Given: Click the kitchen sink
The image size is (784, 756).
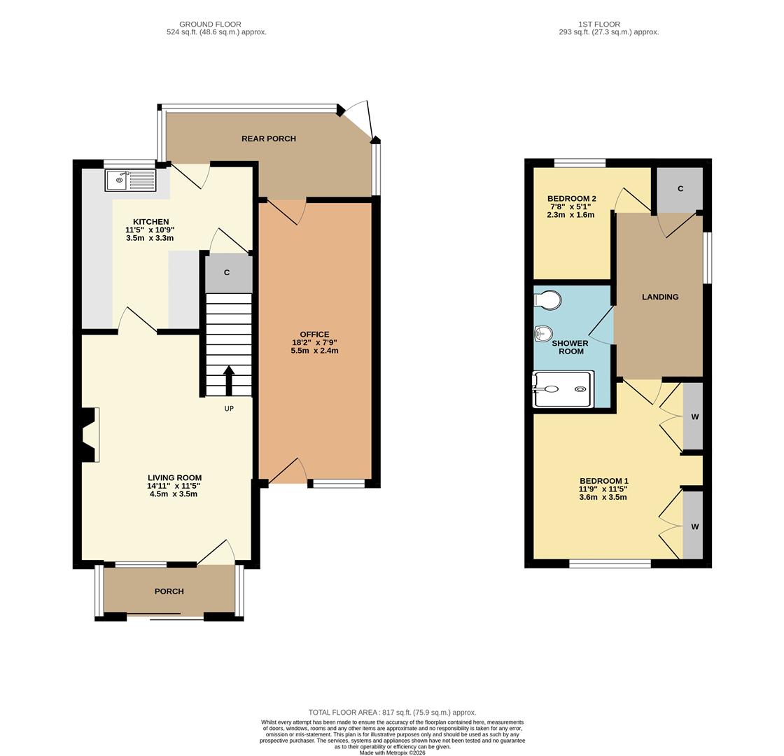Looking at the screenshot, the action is click(x=130, y=180).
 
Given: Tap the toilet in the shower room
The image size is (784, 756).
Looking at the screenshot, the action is click(x=548, y=300).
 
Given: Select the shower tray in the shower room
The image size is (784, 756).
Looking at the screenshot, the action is click(x=563, y=389).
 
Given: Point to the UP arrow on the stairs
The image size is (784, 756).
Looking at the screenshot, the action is click(x=228, y=381).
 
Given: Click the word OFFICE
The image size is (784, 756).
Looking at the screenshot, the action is click(x=314, y=335).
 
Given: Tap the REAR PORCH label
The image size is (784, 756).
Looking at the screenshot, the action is click(x=269, y=139).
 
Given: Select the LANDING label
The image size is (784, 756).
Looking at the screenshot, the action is click(x=660, y=297).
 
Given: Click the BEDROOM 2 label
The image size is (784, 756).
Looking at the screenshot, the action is click(x=571, y=199).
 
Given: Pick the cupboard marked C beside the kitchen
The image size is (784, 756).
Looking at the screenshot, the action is click(x=227, y=273).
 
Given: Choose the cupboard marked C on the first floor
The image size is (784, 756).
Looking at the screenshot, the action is click(x=680, y=188).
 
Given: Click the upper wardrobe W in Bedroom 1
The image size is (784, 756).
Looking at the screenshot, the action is click(x=694, y=416).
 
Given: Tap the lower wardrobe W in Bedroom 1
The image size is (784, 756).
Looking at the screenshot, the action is click(x=694, y=525).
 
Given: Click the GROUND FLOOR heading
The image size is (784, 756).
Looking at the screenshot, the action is click(x=210, y=24).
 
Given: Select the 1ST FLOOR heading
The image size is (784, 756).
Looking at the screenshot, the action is click(x=599, y=24).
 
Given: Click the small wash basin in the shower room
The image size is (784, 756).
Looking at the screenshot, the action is click(x=543, y=333).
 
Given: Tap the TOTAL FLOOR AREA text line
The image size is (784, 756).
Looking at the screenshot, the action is click(x=392, y=713).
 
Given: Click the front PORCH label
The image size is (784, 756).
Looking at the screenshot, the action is click(x=169, y=591).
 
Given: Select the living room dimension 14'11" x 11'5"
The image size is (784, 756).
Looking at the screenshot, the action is click(x=174, y=486).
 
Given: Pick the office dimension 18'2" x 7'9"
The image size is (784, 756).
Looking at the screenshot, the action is click(x=314, y=342).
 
